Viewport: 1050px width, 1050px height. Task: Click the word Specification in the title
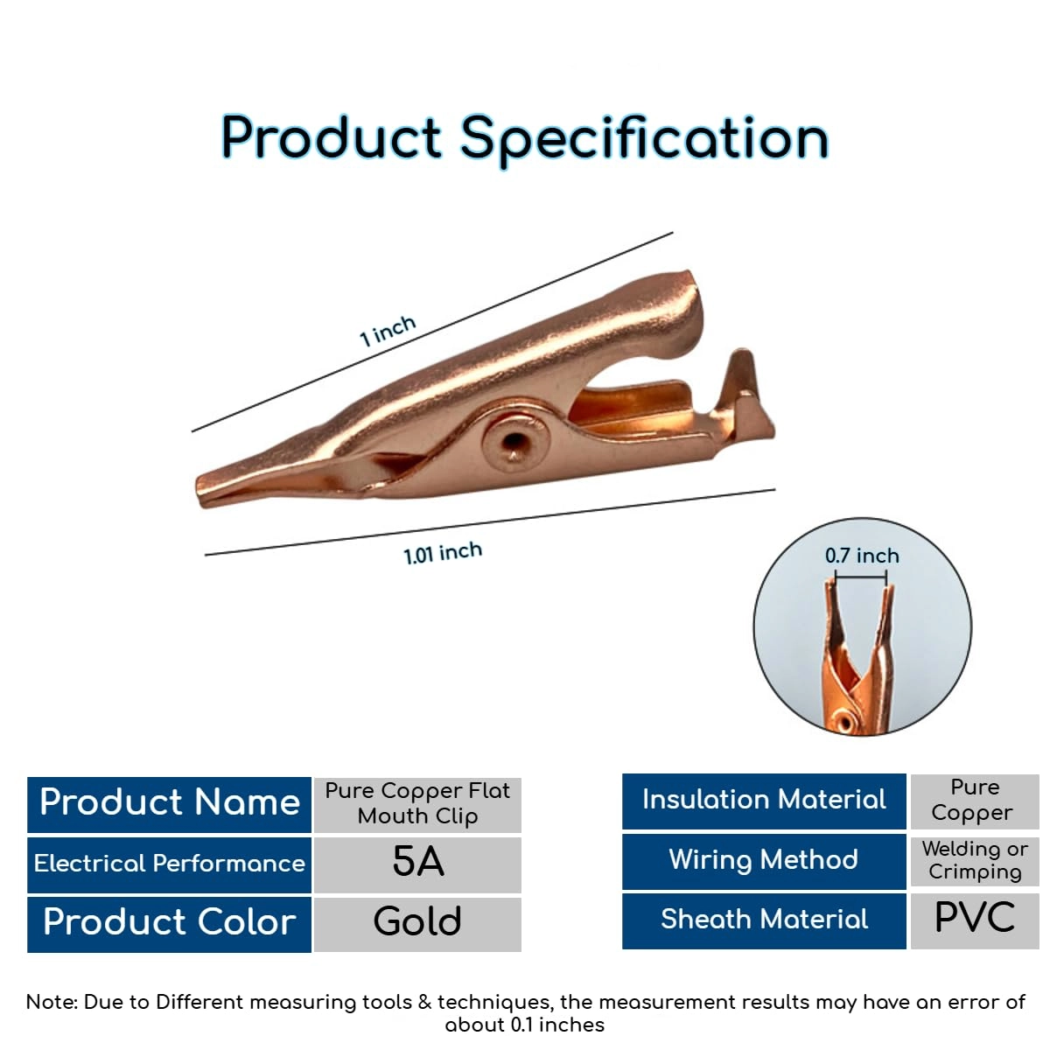645,141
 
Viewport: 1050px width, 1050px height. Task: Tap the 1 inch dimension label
388,330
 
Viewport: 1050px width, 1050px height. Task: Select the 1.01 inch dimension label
443,553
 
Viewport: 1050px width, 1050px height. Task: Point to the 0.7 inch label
862,556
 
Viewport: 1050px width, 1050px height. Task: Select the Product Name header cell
170,804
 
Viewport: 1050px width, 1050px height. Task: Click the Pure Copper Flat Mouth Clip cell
417,804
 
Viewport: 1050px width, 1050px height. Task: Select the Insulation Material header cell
764,801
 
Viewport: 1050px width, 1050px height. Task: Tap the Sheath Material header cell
764,920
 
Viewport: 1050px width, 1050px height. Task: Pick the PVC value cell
975,920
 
